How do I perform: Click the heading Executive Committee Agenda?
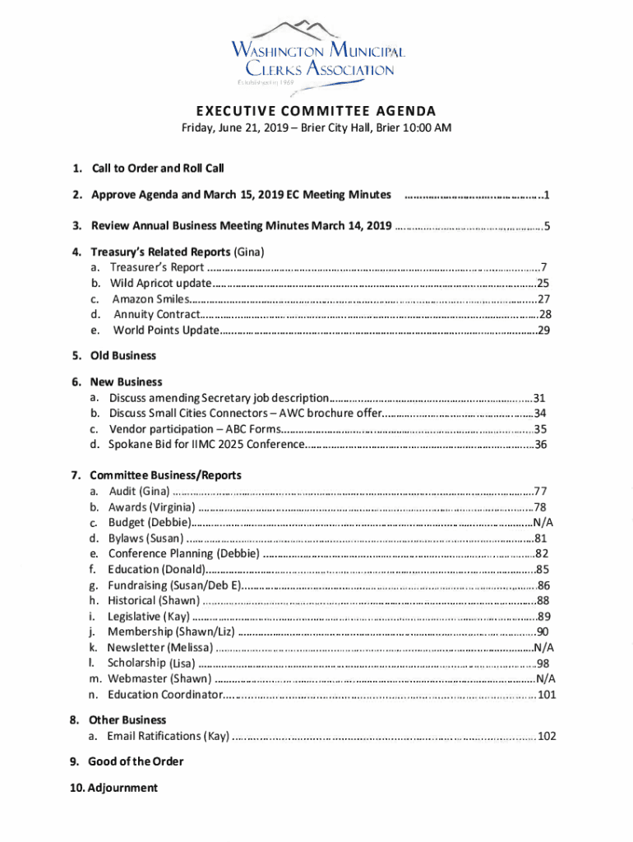tap(316, 112)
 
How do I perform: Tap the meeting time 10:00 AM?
tap(428, 128)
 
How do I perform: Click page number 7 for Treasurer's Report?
tap(543, 267)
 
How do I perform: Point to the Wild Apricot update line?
tap(160, 283)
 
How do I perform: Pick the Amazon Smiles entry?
tap(150, 298)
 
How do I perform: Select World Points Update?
tap(166, 331)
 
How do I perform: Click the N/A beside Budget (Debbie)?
tap(543, 523)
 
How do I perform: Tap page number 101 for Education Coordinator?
tap(545, 696)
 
